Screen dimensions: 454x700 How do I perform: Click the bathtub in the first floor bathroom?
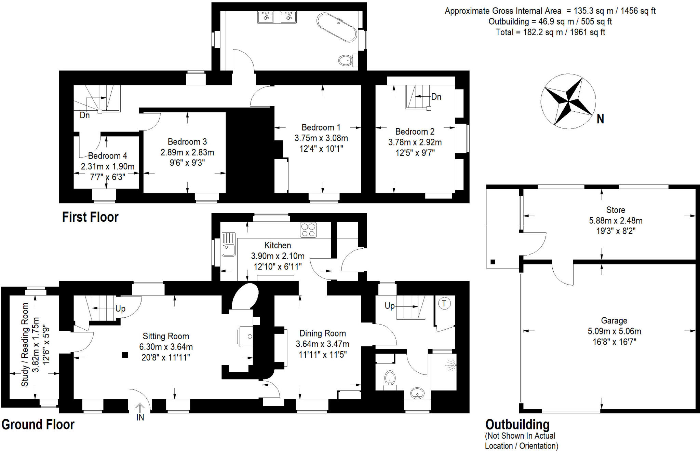pos(337,27)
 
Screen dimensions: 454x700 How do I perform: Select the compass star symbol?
pos(568,101)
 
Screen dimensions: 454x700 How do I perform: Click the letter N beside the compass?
pos(600,119)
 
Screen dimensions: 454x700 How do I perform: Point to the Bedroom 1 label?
pos(321,127)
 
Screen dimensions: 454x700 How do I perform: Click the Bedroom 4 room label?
pos(107,156)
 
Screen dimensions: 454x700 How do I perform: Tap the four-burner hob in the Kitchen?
pos(308,230)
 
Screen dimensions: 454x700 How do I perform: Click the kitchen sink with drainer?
pos(228,244)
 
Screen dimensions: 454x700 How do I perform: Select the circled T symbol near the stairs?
pos(444,303)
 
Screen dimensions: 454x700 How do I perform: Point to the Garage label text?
pos(614,320)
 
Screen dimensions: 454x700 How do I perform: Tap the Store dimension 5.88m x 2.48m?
pos(616,221)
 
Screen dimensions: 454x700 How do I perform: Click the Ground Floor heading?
pos(38,425)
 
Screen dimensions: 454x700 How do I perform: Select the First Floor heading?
pos(90,217)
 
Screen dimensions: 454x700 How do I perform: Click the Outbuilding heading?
pos(517,425)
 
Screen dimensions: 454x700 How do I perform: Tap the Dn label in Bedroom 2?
pos(436,97)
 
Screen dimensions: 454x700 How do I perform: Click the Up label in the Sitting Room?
pos(120,308)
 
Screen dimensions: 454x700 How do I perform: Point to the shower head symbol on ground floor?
pos(452,365)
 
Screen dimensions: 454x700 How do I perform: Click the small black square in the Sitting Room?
pos(125,355)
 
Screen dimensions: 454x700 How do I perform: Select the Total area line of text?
pos(550,32)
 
